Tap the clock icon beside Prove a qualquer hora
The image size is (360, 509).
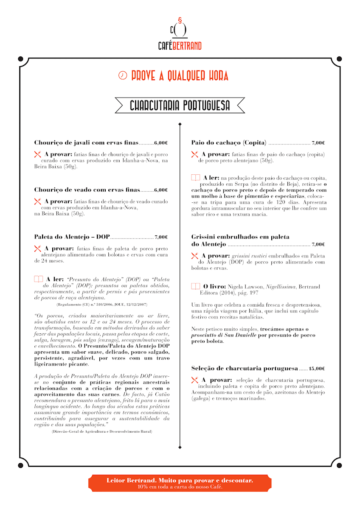[x=122, y=76]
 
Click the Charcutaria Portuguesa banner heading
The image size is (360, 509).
[x=180, y=106]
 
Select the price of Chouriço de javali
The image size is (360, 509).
[x=161, y=143]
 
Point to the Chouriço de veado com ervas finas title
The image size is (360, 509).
[x=87, y=190]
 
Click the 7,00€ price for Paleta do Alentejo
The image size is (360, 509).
[x=161, y=237]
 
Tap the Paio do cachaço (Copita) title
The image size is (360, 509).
[x=229, y=143]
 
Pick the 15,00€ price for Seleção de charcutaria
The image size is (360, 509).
[x=317, y=369]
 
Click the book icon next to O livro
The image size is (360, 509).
[x=195, y=287]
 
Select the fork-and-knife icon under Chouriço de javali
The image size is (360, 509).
[x=37, y=154]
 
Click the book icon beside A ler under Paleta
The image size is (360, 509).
[x=38, y=280]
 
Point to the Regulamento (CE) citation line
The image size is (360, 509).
[x=101, y=305]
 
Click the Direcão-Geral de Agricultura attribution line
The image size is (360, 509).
[x=101, y=431]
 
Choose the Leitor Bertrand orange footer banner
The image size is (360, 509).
[x=180, y=483]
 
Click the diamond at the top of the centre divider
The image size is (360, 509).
[x=180, y=124]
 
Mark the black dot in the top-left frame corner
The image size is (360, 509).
[x=20, y=59]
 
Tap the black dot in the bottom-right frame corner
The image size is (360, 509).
[x=339, y=465]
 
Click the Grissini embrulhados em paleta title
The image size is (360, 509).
[x=240, y=237]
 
